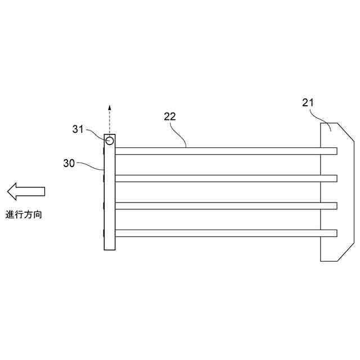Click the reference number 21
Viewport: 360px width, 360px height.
[x=307, y=102]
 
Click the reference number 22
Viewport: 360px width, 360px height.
[x=170, y=117]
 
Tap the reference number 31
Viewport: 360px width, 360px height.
[x=78, y=129]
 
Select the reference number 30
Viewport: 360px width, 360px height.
[x=69, y=163]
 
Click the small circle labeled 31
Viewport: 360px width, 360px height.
[x=110, y=140]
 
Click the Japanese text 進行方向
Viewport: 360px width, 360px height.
[x=24, y=214]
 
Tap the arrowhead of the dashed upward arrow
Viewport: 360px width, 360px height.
[x=110, y=107]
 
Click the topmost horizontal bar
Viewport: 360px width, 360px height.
[x=225, y=151]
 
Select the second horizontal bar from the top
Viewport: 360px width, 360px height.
[x=225, y=178]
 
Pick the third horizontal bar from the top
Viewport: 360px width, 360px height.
[x=225, y=205]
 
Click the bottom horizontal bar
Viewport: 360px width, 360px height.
[x=225, y=233]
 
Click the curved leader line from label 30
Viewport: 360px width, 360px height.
[x=90, y=165]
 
